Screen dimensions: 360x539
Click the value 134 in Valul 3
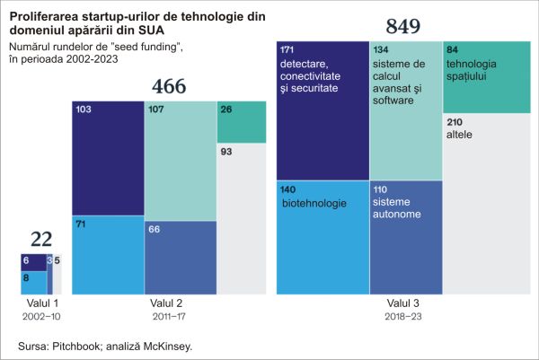coord(381,47)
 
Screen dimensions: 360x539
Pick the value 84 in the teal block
coord(453,47)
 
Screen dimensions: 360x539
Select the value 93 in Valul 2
coord(226,152)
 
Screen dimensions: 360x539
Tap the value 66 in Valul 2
coord(155,230)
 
